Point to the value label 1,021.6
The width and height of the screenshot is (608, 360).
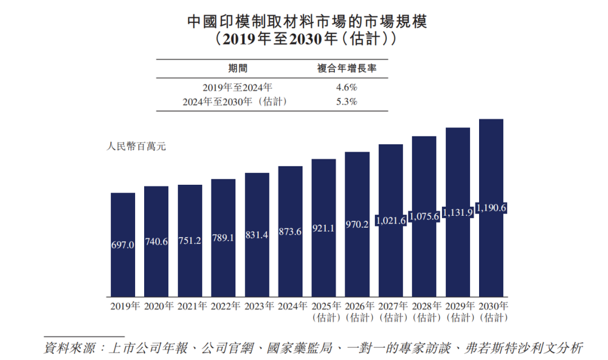390,221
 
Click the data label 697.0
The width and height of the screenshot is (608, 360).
123,245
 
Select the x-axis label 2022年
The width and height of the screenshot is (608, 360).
223,305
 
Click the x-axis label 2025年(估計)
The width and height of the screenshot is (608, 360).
323,311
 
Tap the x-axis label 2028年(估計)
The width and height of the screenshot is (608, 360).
424,311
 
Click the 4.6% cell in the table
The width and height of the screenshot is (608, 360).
347,88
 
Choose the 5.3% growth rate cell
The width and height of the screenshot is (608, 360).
347,102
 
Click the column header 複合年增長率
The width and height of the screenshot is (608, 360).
347,68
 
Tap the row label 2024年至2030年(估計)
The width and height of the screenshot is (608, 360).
235,102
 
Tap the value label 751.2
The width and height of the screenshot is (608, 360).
190,242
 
